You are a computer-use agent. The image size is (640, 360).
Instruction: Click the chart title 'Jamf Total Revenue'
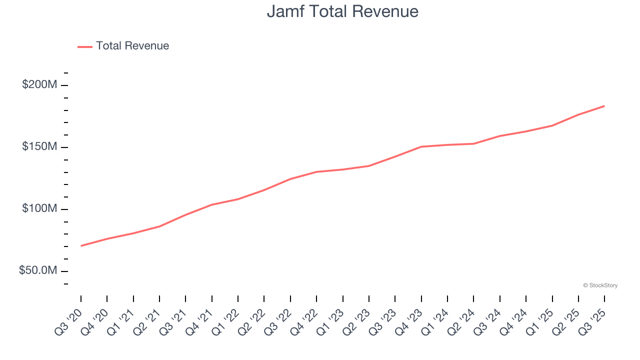[342, 11]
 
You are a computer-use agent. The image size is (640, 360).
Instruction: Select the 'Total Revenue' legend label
[132, 46]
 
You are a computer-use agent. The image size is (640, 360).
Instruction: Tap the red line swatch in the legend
[85, 46]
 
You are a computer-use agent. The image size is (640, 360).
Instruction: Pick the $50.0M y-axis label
[37, 270]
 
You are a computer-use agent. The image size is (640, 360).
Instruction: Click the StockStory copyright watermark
[600, 285]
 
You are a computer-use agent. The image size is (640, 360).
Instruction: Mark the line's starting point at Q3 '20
[81, 245]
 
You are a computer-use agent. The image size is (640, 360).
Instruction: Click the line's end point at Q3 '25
[604, 106]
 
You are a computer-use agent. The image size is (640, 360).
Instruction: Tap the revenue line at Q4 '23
[421, 146]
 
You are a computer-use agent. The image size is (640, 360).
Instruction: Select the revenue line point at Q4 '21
[212, 204]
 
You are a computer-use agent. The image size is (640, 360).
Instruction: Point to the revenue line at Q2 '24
[473, 143]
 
